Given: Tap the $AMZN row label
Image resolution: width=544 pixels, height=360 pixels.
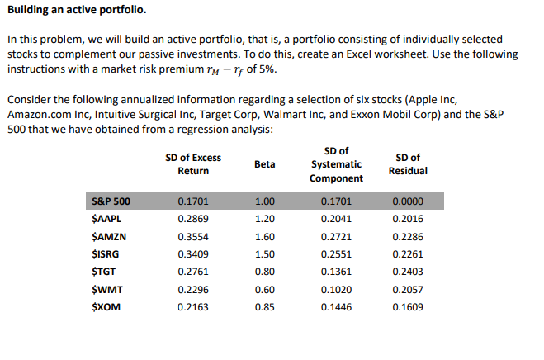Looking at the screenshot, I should pos(106,239).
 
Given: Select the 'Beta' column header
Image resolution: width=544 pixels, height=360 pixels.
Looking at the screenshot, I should pos(264,164).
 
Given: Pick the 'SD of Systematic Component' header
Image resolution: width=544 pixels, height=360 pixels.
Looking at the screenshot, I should pos(337,164).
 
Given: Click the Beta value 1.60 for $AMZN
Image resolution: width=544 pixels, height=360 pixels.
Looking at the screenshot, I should pos(264,239).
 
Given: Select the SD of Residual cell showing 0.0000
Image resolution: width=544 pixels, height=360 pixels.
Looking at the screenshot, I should pos(409,201).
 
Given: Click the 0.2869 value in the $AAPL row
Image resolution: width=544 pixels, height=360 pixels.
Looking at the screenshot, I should pos(192,220).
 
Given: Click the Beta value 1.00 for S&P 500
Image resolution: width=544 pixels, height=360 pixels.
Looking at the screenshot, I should pos(264,201).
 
